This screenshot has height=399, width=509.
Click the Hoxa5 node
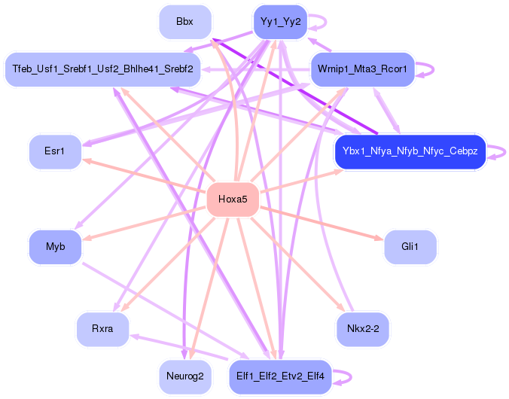coord(233,199)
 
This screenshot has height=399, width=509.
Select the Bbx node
coord(185,22)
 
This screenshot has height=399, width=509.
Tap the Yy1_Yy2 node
coord(280,22)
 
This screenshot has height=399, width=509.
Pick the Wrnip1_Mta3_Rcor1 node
coord(362,69)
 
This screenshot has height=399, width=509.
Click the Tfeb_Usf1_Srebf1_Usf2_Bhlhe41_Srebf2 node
coord(102,69)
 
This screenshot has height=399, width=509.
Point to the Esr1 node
coord(55,151)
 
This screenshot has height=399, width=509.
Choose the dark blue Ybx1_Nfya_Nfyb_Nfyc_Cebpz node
coord(410,151)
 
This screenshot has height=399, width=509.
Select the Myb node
coord(55,247)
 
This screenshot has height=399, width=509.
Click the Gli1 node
coord(410,247)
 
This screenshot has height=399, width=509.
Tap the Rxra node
coord(102,329)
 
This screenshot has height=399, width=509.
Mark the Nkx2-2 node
coord(363,329)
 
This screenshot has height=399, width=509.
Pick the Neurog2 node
coord(185,376)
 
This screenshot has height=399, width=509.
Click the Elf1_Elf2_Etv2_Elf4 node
coord(280,376)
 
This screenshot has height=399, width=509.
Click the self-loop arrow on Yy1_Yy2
coord(325,22)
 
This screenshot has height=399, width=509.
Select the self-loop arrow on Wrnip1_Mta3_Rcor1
coord(433,69)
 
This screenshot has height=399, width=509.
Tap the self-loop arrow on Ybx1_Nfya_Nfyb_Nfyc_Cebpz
coord(504,151)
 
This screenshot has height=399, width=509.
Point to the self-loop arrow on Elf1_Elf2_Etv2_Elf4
coord(351,376)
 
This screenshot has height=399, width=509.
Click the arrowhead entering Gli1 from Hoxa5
coord(379,239)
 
